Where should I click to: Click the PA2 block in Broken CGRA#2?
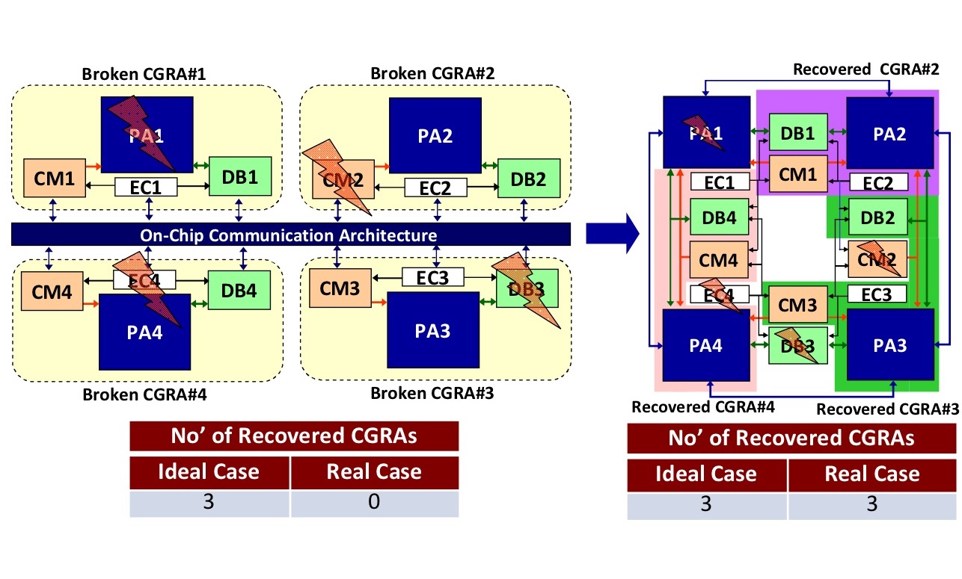pyautogui.click(x=435, y=135)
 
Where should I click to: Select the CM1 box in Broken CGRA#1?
pyautogui.click(x=53, y=178)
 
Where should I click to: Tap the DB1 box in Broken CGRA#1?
pyautogui.click(x=238, y=178)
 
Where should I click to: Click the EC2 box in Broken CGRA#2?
pyautogui.click(x=435, y=187)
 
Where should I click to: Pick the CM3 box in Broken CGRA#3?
pyautogui.click(x=339, y=288)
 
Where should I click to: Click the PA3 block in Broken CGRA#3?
pyautogui.click(x=432, y=329)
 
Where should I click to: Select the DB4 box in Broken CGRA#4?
pyautogui.click(x=238, y=291)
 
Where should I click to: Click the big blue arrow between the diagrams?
pyautogui.click(x=611, y=235)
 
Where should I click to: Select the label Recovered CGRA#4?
pyautogui.click(x=702, y=407)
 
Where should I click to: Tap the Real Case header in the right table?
pyautogui.click(x=872, y=474)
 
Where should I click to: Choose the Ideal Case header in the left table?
pyautogui.click(x=209, y=471)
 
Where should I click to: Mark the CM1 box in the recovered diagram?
pyautogui.click(x=797, y=174)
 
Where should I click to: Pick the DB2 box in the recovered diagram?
pyautogui.click(x=877, y=217)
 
